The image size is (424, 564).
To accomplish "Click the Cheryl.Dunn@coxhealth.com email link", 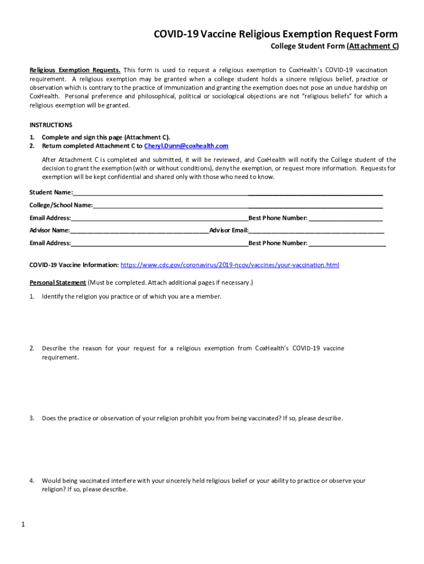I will [186, 146].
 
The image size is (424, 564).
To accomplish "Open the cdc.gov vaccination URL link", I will [230, 265].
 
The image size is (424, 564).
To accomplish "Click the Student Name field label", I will [51, 192].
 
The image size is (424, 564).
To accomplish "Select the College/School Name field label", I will [61, 205].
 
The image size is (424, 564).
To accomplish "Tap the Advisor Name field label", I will [50, 230].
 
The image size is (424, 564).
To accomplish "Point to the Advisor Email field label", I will [229, 230].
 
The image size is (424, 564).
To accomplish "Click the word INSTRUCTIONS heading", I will [51, 125].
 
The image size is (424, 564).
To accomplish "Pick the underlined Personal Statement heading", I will [58, 283].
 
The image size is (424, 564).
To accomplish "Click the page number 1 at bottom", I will [23, 524].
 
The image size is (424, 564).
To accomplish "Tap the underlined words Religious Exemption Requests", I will [75, 70].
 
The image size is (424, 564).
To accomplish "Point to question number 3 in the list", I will [32, 418].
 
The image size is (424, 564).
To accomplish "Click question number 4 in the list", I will [32, 481].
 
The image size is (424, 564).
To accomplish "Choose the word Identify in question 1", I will [53, 296].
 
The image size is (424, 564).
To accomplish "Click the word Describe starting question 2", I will [54, 348].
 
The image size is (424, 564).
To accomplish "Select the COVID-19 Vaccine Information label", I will [74, 265].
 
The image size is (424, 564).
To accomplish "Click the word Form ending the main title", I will [385, 34].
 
